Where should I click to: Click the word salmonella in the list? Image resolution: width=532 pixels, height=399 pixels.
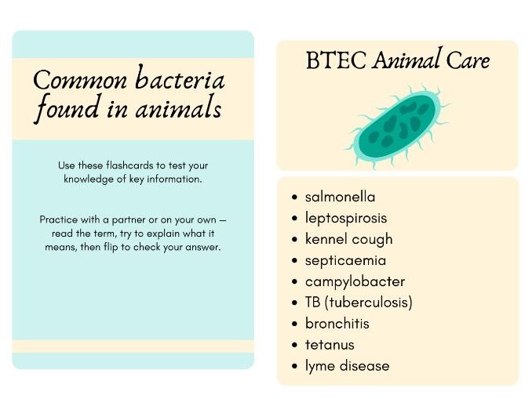tap(340, 197)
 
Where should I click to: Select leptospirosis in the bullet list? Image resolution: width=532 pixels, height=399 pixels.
tap(346, 218)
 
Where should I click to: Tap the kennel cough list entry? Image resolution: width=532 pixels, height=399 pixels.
tap(348, 239)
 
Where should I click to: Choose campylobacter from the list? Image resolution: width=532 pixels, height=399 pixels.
tap(355, 281)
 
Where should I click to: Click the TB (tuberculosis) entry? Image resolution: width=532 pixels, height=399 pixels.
tap(359, 303)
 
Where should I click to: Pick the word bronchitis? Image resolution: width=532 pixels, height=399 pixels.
tap(337, 324)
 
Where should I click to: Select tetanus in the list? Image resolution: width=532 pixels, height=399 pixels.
tap(330, 345)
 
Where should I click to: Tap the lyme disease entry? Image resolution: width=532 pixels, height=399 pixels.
tap(347, 366)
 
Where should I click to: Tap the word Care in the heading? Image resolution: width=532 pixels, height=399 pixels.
tap(468, 61)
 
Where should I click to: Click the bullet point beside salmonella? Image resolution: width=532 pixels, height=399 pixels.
tap(294, 198)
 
